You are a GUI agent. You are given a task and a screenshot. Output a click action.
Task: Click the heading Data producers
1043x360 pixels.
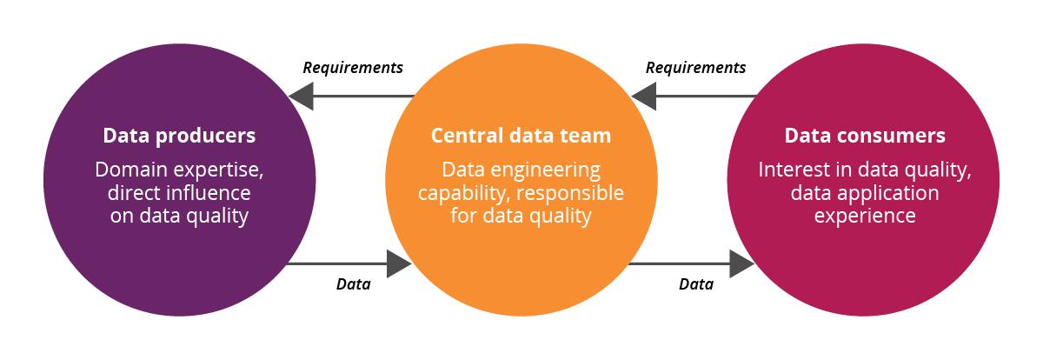[x=179, y=136]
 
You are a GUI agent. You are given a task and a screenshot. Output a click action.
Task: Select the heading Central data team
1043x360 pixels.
[x=521, y=136]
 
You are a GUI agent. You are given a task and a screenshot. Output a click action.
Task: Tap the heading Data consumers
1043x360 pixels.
[x=865, y=136]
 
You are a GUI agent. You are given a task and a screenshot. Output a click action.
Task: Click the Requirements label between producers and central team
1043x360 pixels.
[x=353, y=68]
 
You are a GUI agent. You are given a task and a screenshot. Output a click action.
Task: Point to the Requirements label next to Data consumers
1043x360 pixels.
[x=695, y=68]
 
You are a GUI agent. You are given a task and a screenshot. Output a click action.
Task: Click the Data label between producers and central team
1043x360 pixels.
[x=354, y=284]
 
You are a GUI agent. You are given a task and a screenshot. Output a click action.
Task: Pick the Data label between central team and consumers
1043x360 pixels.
[x=696, y=284]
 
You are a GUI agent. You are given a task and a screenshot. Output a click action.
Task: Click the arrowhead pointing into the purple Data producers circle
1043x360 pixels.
[x=302, y=97]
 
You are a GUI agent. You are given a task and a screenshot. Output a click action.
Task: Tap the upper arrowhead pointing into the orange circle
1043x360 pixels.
[x=644, y=97]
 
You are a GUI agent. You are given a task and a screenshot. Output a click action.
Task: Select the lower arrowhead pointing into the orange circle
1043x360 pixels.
[x=399, y=264]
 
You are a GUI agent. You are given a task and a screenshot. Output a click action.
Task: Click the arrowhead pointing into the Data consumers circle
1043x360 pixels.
[x=741, y=264]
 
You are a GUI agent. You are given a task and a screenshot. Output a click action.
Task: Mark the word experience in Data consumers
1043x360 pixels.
[x=865, y=217]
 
